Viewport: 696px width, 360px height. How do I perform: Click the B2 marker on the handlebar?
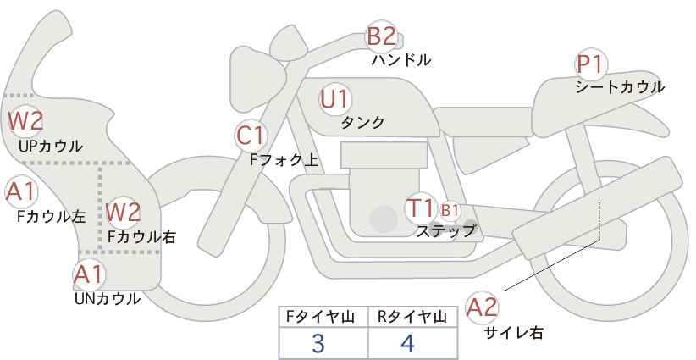tap(381, 36)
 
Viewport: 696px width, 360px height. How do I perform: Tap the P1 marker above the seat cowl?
tap(590, 65)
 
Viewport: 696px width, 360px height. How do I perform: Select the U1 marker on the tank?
tap(335, 100)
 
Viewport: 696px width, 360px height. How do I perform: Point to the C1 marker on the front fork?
tap(251, 136)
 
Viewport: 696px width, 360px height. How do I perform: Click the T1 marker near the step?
tap(420, 208)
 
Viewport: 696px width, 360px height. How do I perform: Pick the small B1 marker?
tap(450, 210)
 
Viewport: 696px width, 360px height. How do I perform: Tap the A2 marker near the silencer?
tap(482, 307)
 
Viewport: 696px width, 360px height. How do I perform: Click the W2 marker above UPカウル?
tap(25, 121)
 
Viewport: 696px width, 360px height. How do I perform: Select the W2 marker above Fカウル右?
tap(123, 212)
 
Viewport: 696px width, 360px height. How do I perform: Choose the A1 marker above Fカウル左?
tap(21, 192)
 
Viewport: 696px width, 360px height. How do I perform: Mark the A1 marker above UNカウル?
tap(89, 274)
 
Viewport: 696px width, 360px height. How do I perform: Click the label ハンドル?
tap(401, 60)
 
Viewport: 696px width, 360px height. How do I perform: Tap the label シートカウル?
tap(620, 87)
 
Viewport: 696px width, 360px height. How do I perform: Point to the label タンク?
tap(362, 122)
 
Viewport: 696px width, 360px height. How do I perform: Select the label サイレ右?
tap(513, 333)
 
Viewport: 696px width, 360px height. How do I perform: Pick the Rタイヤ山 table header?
tap(412, 317)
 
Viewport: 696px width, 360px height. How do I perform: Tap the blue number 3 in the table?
tap(318, 344)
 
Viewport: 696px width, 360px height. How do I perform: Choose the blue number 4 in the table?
tap(407, 344)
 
